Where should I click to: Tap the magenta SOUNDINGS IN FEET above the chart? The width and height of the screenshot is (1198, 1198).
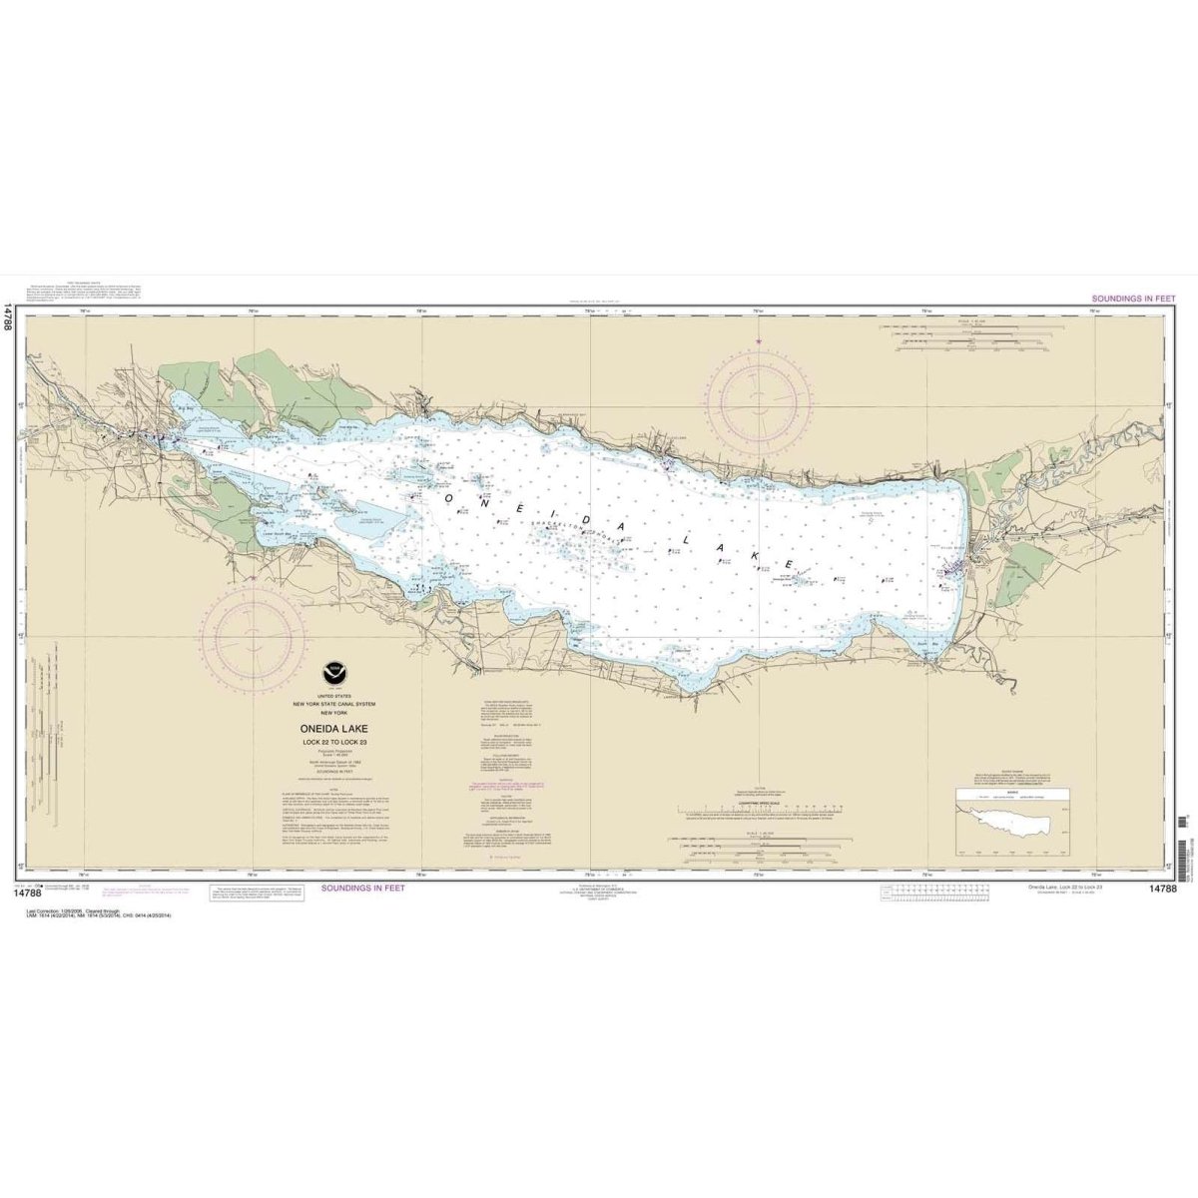click(x=1134, y=299)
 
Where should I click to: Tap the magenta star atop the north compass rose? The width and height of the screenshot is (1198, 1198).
click(x=759, y=342)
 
